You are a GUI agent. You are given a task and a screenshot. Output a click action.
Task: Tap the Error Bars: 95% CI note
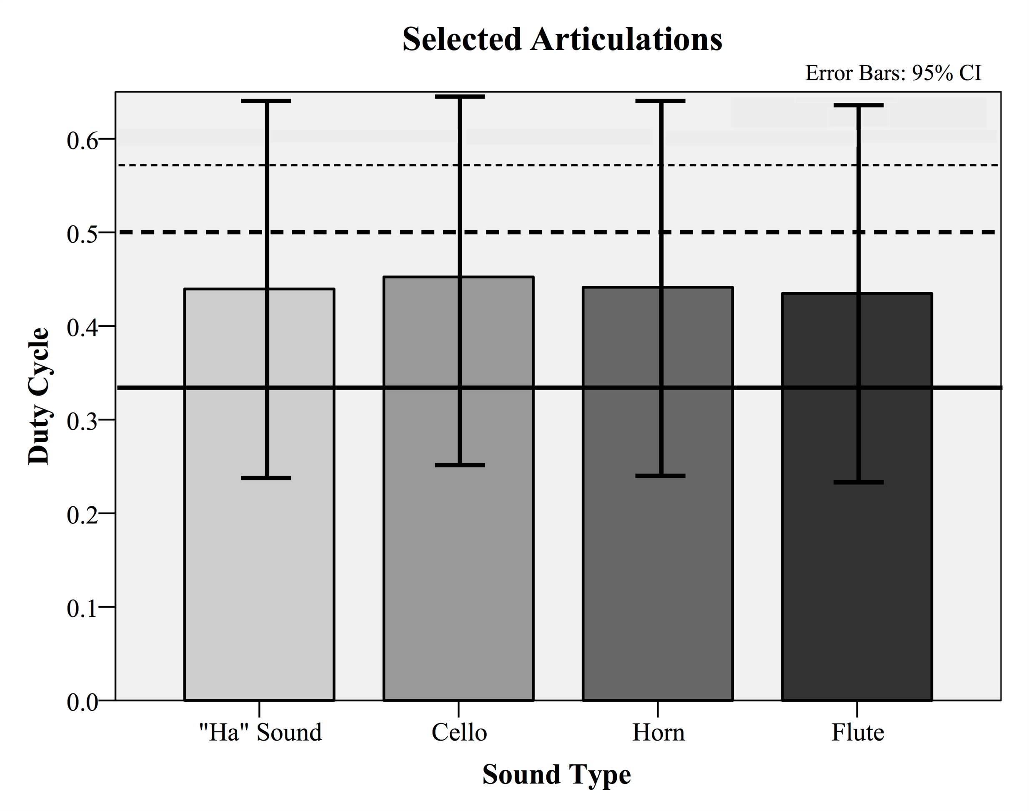pyautogui.click(x=893, y=73)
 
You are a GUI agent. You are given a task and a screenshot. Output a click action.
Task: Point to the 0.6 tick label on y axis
pyautogui.click(x=82, y=140)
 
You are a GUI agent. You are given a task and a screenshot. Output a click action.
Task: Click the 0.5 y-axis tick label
pyautogui.click(x=82, y=234)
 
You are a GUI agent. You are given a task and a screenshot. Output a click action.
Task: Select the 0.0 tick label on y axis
pyautogui.click(x=82, y=702)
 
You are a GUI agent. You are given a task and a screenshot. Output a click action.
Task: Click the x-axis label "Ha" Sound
pyautogui.click(x=260, y=732)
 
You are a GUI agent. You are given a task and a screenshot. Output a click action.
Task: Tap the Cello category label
pyautogui.click(x=459, y=732)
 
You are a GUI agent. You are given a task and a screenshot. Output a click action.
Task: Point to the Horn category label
pyautogui.click(x=658, y=732)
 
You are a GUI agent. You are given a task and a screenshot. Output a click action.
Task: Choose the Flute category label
pyautogui.click(x=858, y=732)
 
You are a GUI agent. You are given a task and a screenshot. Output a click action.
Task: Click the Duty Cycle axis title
pyautogui.click(x=39, y=396)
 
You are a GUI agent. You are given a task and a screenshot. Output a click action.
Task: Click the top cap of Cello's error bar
pyautogui.click(x=460, y=97)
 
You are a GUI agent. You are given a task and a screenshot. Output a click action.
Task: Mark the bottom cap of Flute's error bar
pyautogui.click(x=859, y=483)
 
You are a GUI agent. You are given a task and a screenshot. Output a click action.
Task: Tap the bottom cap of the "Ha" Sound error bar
pyautogui.click(x=266, y=478)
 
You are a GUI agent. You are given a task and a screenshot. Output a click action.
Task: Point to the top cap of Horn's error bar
pyautogui.click(x=661, y=101)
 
